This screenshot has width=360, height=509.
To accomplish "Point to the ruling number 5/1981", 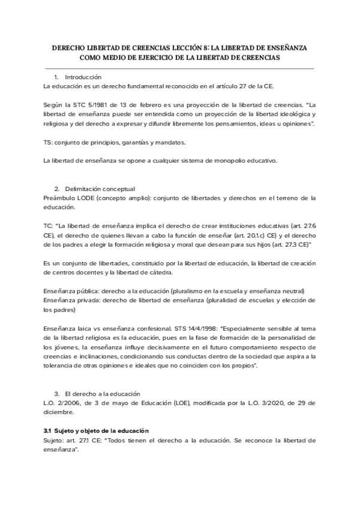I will coord(95,104).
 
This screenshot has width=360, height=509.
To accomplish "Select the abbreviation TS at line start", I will coord(48,142).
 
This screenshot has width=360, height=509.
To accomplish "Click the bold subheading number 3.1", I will coord(48,431).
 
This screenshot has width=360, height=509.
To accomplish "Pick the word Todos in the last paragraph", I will coord(121,440).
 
